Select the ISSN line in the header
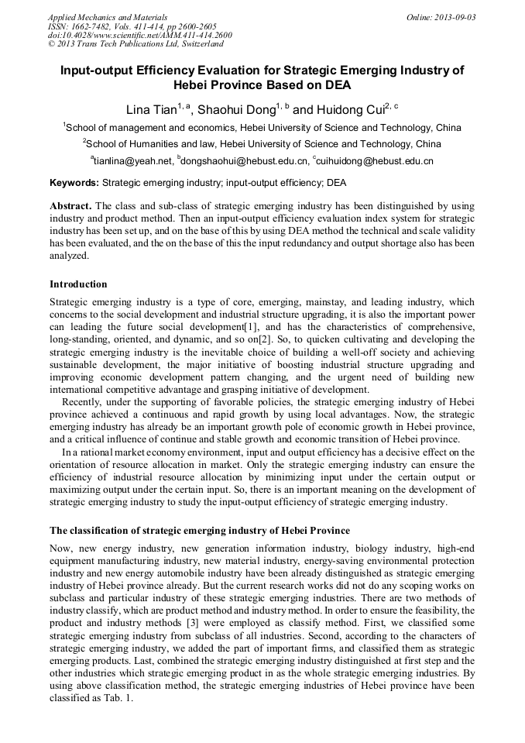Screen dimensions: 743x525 (132, 26)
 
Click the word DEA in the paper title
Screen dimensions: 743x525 (336, 84)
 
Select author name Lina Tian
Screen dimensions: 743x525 (151, 110)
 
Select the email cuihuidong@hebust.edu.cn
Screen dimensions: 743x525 (375, 161)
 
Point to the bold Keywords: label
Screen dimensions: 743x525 (74, 184)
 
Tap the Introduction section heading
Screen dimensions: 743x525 (78, 284)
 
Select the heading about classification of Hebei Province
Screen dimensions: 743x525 (200, 531)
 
